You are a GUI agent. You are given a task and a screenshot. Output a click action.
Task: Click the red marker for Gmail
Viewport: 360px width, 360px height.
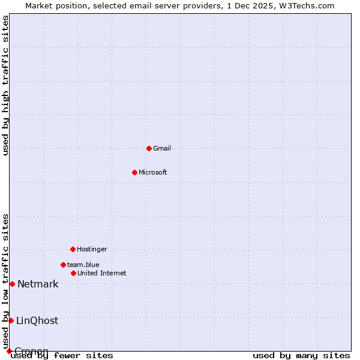(149, 148)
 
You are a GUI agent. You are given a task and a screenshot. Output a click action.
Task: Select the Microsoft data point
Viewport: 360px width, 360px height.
(134, 172)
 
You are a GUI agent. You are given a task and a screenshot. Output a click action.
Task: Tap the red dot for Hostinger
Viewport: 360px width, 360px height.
(73, 249)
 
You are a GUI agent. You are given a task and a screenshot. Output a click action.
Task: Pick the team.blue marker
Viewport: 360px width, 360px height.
(63, 265)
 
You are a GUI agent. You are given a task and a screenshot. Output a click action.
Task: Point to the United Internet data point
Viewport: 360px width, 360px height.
(73, 273)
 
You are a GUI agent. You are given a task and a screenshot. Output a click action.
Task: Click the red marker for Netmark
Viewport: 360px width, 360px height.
(12, 284)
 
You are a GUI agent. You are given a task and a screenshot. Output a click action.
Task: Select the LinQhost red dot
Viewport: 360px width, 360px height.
(11, 320)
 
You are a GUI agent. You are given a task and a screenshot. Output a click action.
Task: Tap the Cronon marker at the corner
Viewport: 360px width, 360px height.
(9, 351)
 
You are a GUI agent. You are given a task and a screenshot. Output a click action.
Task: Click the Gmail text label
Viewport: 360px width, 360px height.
(162, 148)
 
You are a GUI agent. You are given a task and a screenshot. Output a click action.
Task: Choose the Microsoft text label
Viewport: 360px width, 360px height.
(153, 172)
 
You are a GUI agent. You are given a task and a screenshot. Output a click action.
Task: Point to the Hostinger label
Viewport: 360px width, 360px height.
(92, 249)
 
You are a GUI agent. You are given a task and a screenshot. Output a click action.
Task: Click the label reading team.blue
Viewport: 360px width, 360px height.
(83, 265)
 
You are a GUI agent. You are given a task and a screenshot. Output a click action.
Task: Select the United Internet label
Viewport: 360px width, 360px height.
(102, 273)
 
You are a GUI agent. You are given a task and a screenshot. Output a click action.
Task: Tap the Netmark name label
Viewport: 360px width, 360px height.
(38, 284)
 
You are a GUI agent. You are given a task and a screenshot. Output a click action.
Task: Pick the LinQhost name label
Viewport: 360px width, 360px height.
(37, 320)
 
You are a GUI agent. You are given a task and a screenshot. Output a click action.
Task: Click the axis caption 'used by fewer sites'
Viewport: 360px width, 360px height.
(62, 356)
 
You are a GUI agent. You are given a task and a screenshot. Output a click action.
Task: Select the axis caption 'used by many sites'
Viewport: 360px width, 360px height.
(301, 356)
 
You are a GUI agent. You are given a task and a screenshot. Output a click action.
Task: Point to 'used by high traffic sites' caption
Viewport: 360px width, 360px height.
(5, 85)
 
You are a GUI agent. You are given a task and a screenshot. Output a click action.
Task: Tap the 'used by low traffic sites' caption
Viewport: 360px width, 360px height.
(5, 281)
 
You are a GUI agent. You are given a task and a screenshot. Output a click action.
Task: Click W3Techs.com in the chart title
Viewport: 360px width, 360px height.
(305, 5)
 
